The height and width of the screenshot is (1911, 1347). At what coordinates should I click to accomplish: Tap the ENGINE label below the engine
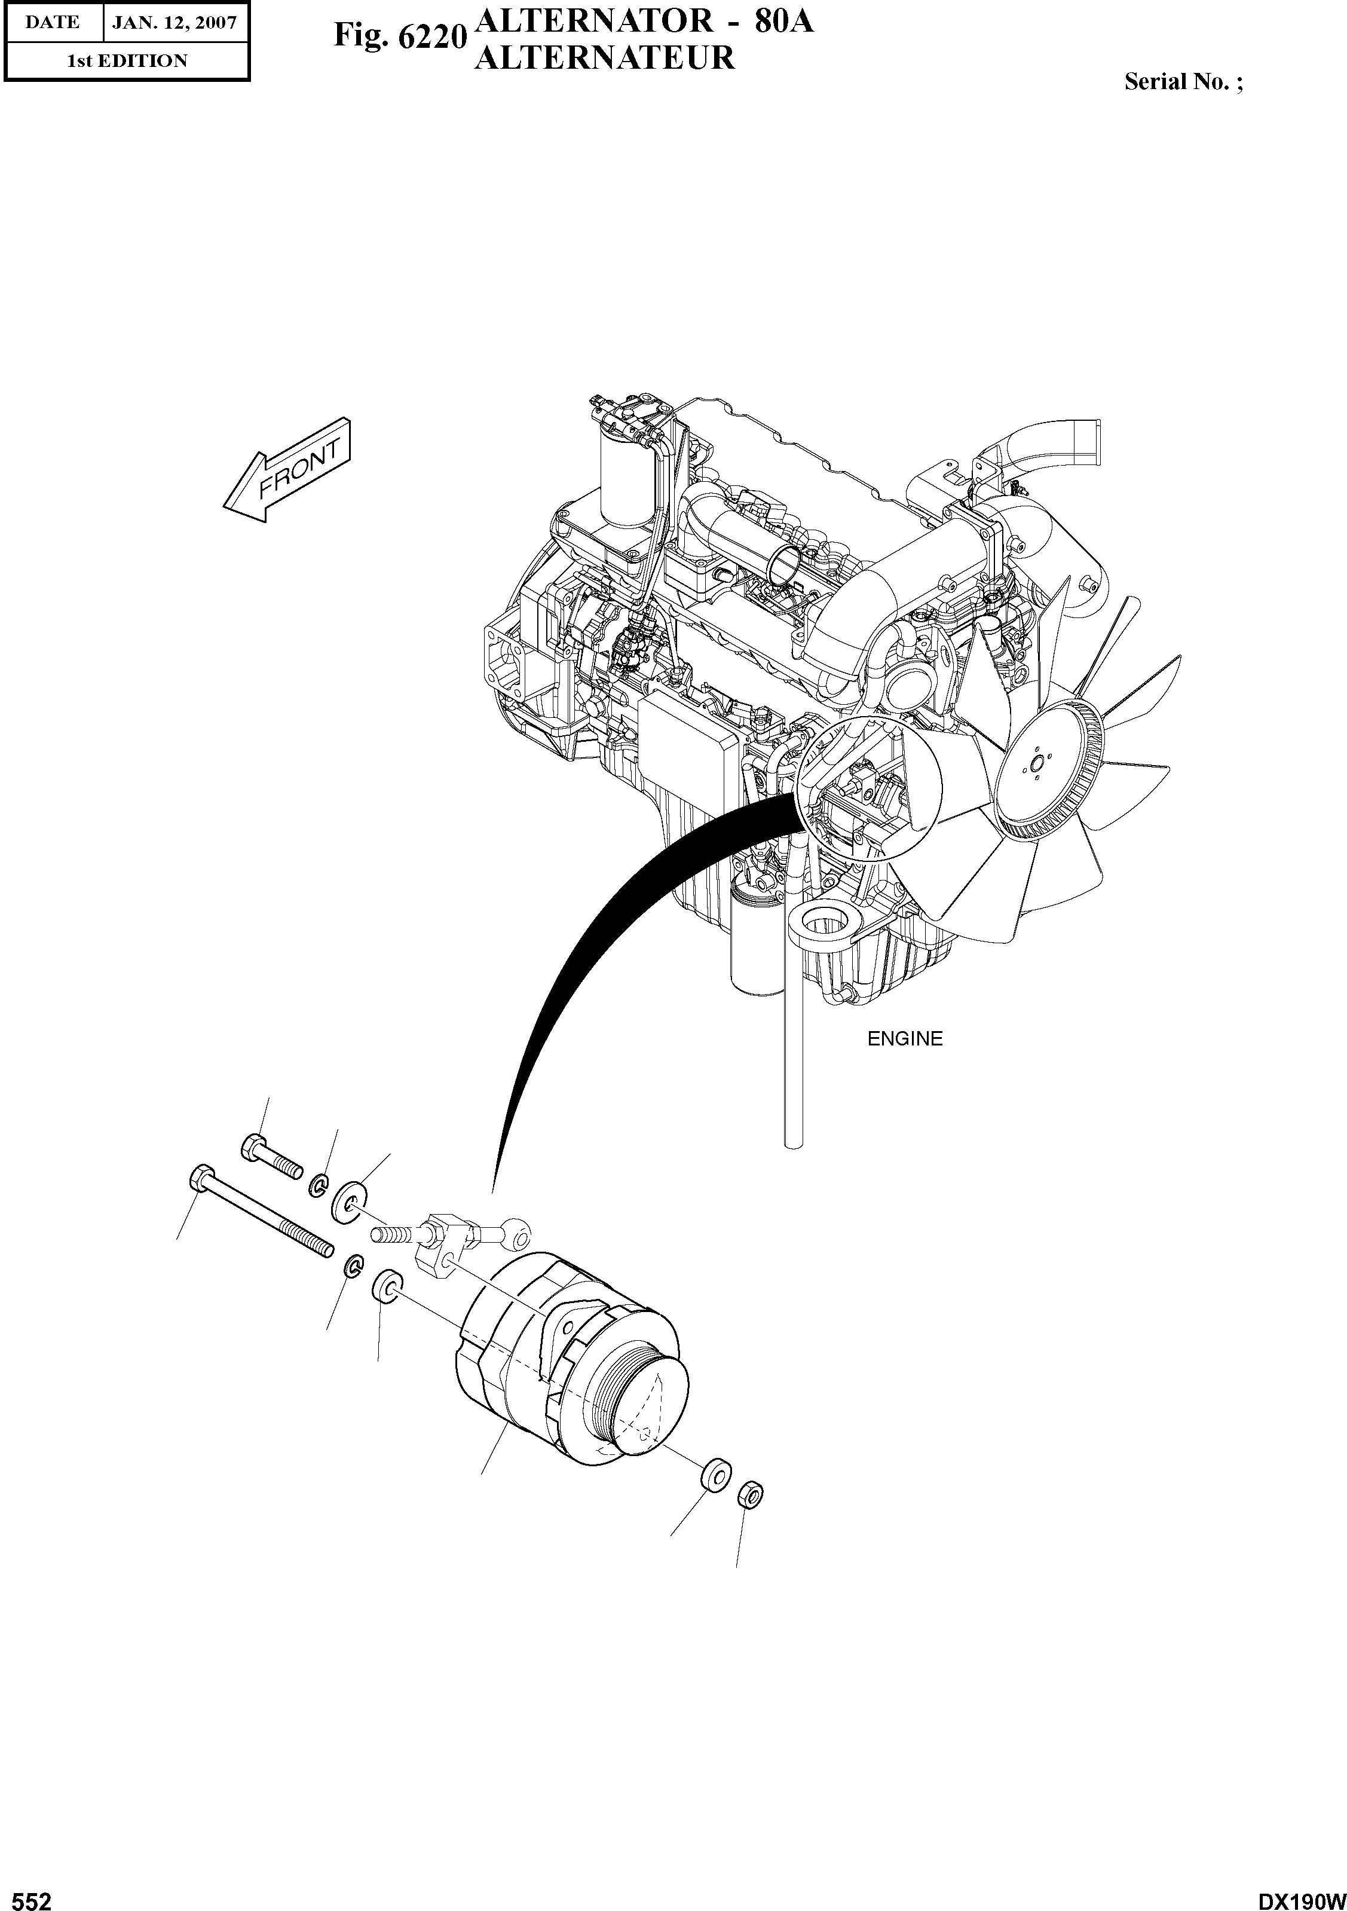click(904, 1039)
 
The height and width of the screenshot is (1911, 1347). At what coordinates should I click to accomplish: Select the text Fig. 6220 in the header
click(397, 36)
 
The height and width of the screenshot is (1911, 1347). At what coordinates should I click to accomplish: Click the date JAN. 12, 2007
click(174, 23)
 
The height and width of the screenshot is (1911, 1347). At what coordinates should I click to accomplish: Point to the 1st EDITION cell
click(127, 61)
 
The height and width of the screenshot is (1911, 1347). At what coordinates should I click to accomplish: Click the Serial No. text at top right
click(1182, 81)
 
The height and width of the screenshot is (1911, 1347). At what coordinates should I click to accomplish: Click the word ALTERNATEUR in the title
click(604, 58)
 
